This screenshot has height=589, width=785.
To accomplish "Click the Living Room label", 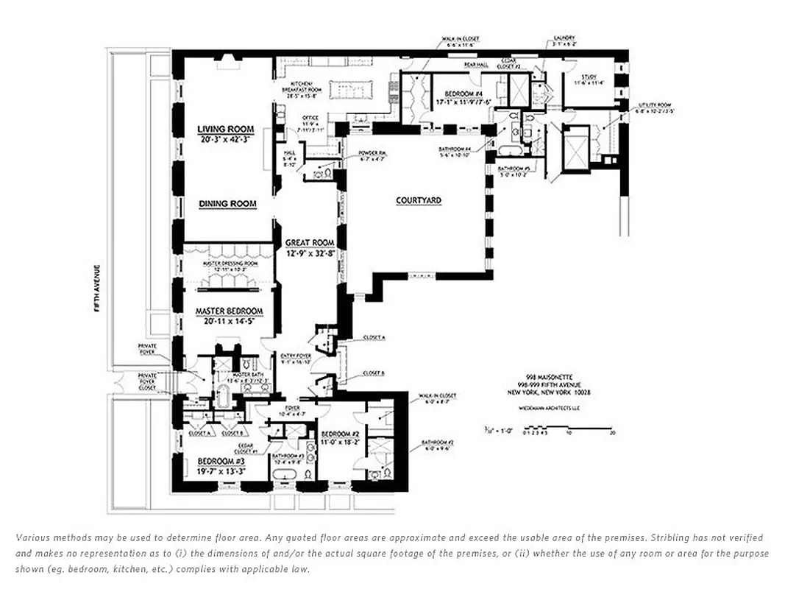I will click(x=225, y=130).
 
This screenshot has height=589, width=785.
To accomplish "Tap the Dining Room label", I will click(x=227, y=204).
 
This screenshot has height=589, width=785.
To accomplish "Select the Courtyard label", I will click(x=419, y=200).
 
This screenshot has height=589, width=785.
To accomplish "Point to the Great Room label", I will click(x=310, y=243).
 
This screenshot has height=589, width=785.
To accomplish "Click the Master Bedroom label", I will click(x=229, y=311).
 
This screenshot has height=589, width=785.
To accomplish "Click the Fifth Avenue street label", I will click(x=96, y=288).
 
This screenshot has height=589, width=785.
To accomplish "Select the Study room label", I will click(x=589, y=77).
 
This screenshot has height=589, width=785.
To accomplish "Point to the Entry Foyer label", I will click(x=296, y=356).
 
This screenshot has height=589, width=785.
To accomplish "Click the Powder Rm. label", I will click(x=371, y=153).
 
